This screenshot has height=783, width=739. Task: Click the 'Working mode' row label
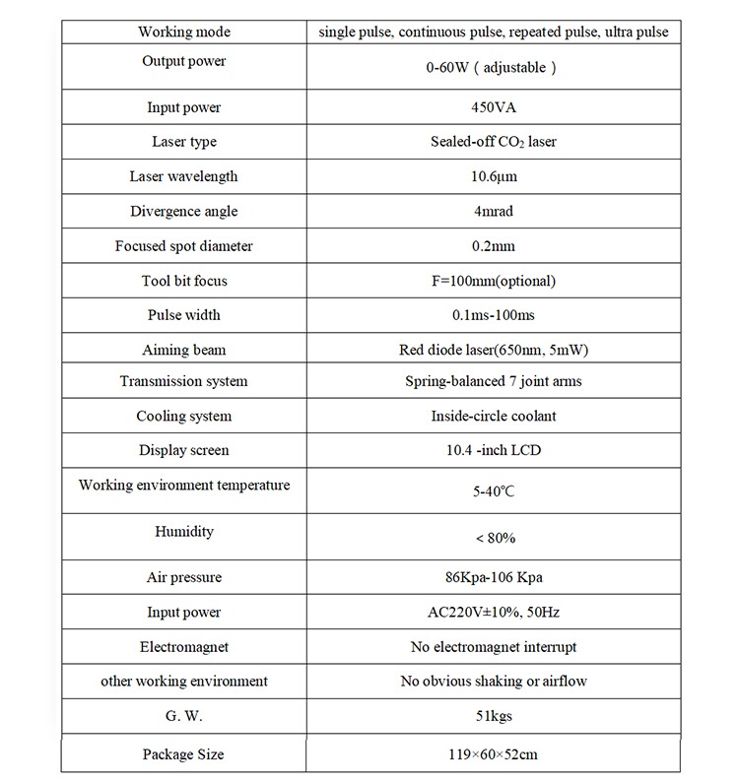point(184,32)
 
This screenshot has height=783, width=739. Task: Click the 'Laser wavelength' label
point(184,176)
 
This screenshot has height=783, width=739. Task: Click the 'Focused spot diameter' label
point(184,246)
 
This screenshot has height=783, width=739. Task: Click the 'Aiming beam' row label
point(184,350)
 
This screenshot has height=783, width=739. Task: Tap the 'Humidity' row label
point(184,531)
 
